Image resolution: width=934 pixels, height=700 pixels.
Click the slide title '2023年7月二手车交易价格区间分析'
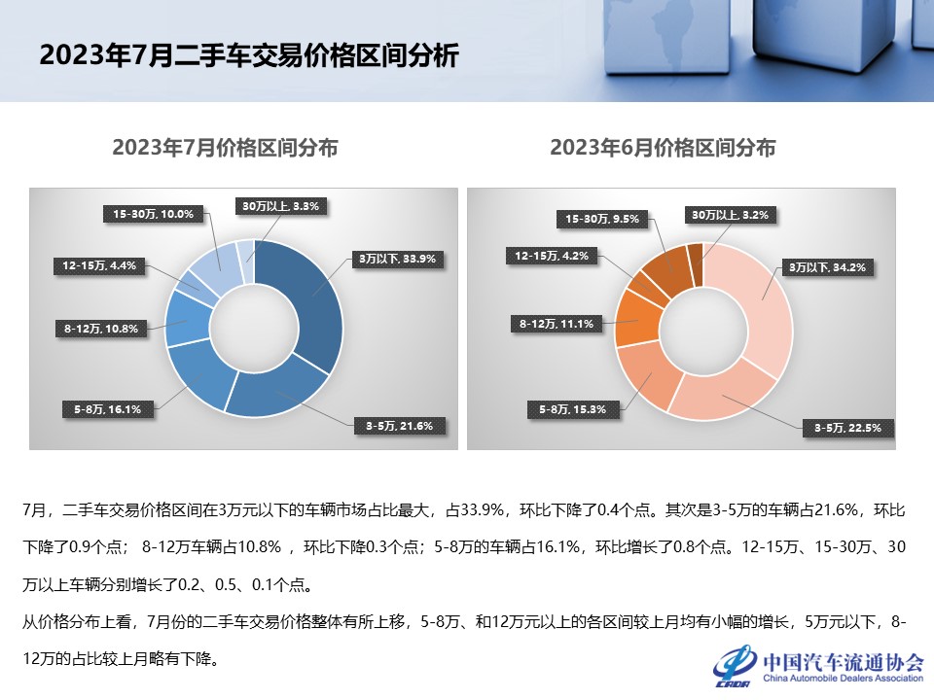click(x=248, y=54)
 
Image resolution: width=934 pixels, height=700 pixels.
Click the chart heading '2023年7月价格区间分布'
click(x=225, y=148)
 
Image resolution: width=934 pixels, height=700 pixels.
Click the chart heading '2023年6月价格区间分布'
click(x=663, y=148)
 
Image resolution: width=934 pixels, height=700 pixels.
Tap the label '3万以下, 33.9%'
click(x=397, y=259)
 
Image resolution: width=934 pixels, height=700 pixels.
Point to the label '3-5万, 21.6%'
click(x=399, y=425)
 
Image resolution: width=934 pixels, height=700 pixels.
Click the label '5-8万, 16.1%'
click(x=108, y=409)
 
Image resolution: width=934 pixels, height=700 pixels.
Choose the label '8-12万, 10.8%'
click(x=100, y=329)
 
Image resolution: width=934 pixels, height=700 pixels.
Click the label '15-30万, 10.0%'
click(x=154, y=214)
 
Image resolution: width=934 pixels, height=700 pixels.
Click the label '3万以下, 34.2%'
click(x=826, y=265)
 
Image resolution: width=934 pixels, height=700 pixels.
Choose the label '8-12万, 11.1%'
click(x=556, y=324)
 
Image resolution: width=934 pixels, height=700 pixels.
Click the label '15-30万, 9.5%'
click(x=602, y=219)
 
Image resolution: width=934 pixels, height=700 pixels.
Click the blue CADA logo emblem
click(x=736, y=667)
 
